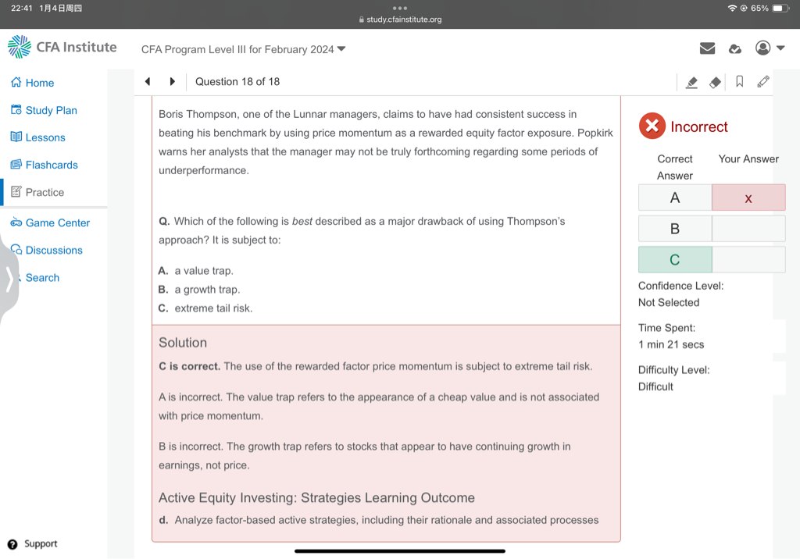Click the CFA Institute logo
tap(62, 47)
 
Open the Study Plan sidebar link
tap(51, 110)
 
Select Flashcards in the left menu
tap(52, 165)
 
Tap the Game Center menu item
tap(57, 223)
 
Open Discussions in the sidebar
tap(54, 250)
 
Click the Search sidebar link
tap(42, 277)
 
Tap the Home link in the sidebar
tap(39, 83)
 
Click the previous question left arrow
tap(147, 81)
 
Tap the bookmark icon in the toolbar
tap(739, 81)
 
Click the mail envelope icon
tap(707, 48)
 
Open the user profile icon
tap(763, 48)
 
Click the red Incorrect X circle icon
tap(652, 126)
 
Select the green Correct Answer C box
tap(675, 260)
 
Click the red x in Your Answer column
tap(748, 198)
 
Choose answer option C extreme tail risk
tap(212, 308)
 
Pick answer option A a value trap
tap(203, 271)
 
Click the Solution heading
tap(183, 343)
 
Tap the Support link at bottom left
tap(40, 544)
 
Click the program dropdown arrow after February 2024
tap(341, 49)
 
